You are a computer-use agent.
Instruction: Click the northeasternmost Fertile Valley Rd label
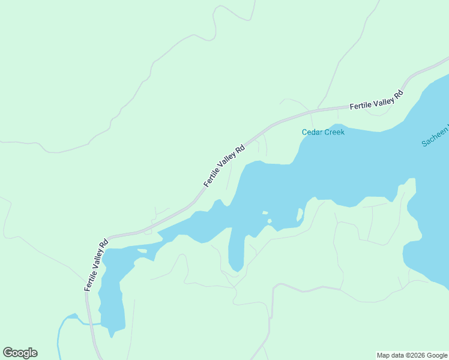pyautogui.click(x=376, y=100)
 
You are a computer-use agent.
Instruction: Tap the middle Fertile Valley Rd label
pyautogui.click(x=224, y=166)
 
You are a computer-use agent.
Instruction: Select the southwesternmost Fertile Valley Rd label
pyautogui.click(x=96, y=265)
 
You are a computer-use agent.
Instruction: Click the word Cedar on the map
pyautogui.click(x=312, y=132)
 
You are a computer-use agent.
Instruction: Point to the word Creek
pyautogui.click(x=334, y=132)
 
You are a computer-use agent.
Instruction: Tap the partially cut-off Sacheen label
pyautogui.click(x=435, y=137)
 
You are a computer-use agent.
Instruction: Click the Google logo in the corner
pyautogui.click(x=20, y=353)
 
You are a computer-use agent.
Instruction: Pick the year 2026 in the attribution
pyautogui.click(x=409, y=355)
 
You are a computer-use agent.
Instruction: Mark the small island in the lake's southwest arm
pyautogui.click(x=142, y=251)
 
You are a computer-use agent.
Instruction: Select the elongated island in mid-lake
pyautogui.click(x=300, y=215)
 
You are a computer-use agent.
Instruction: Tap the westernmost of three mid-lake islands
pyautogui.click(x=265, y=212)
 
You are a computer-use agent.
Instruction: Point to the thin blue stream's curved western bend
pyautogui.click(x=60, y=330)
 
